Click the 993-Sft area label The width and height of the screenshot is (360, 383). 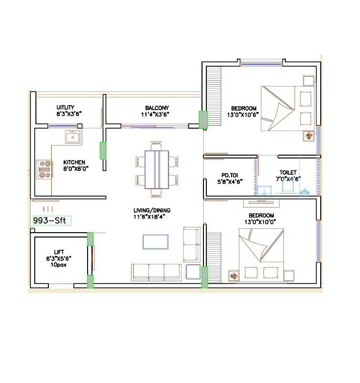51,221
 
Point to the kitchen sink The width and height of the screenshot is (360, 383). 73,138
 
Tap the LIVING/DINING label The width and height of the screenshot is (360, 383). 152,214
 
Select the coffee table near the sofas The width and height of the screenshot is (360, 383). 155,242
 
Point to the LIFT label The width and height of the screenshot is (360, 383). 58,252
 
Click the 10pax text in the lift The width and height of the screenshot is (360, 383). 58,264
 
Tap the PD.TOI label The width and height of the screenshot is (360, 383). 230,178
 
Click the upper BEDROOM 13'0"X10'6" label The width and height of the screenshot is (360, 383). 244,111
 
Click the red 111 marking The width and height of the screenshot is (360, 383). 48,209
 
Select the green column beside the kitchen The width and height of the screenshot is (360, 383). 103,150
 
